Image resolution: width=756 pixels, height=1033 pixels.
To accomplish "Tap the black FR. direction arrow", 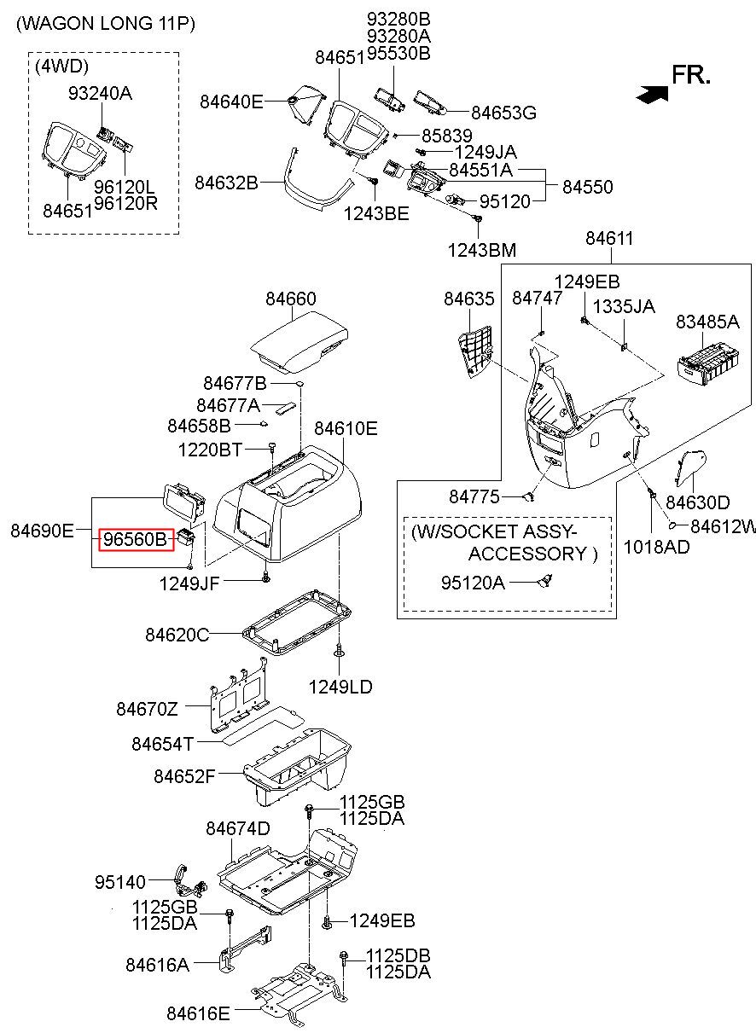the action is pos(652,94).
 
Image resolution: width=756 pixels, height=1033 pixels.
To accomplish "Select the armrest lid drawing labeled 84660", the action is pos(299,342).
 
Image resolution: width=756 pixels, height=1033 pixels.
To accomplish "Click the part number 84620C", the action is pos(177,635).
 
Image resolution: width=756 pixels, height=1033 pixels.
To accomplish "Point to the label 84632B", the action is pos(226,183).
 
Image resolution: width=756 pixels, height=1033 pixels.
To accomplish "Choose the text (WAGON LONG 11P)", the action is pos(106,23).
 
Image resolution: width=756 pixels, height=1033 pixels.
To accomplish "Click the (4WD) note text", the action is pos(61,67).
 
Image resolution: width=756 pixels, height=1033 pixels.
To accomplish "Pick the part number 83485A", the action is pos(707,322).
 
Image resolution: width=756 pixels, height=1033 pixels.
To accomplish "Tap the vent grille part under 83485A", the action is pos(707,367).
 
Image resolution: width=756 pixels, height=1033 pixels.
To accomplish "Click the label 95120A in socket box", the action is pos(473,583).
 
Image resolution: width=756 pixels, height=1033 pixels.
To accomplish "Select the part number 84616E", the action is pos(198,1013).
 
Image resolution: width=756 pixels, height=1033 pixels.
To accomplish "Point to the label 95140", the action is pos(120,882).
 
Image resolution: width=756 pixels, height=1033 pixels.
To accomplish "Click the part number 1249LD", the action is pos(340,687).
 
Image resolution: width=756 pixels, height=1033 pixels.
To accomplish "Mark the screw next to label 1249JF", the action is pos(265,577).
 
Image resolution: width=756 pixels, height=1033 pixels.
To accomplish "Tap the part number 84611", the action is pos(609,239).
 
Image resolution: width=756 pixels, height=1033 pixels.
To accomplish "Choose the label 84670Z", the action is pos(147,708).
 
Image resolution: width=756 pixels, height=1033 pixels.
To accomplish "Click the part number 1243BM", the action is pos(482,250).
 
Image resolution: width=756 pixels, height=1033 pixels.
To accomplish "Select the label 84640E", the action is pos(231,102).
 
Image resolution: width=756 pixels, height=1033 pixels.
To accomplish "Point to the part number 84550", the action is pos(588,187).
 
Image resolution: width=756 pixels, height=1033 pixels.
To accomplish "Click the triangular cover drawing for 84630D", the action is pos(690,468).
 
